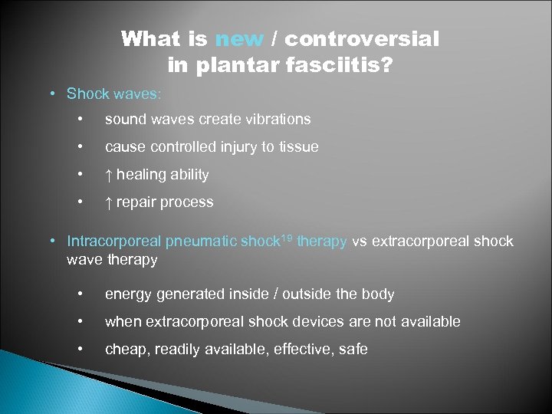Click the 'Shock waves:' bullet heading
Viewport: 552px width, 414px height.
click(x=113, y=94)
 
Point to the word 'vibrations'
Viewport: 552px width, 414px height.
click(x=277, y=119)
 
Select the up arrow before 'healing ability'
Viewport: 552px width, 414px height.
click(x=108, y=175)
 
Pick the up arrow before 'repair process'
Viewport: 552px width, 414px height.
click(x=108, y=202)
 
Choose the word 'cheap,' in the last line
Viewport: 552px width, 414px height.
click(x=127, y=350)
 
